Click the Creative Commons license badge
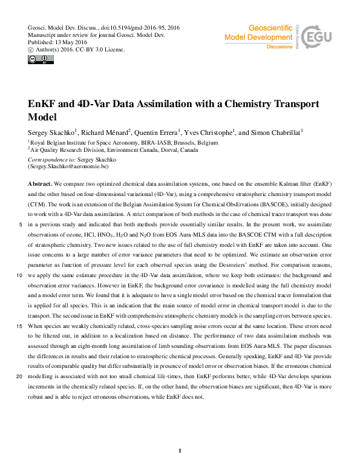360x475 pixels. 36,59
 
